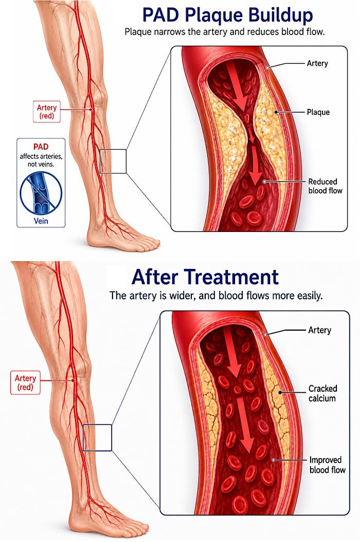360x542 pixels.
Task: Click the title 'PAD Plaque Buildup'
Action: (x=227, y=15)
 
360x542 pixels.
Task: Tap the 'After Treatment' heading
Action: (x=205, y=277)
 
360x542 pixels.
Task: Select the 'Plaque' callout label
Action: (x=318, y=112)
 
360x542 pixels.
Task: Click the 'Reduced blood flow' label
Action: (x=325, y=186)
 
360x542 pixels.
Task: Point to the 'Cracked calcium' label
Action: (x=322, y=393)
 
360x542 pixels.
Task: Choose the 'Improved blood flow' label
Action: (x=327, y=465)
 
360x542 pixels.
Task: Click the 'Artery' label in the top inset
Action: (x=317, y=63)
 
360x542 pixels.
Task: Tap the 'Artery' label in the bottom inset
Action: (x=319, y=330)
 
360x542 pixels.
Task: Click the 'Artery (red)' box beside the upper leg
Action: (x=47, y=111)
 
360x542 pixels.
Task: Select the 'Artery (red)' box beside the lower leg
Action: (x=25, y=383)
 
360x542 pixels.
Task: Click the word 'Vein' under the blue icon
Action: (x=41, y=221)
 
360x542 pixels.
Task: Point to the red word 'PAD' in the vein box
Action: (x=41, y=147)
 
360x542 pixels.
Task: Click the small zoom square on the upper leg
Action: (x=113, y=161)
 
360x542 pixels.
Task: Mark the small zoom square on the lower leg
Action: (x=98, y=438)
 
